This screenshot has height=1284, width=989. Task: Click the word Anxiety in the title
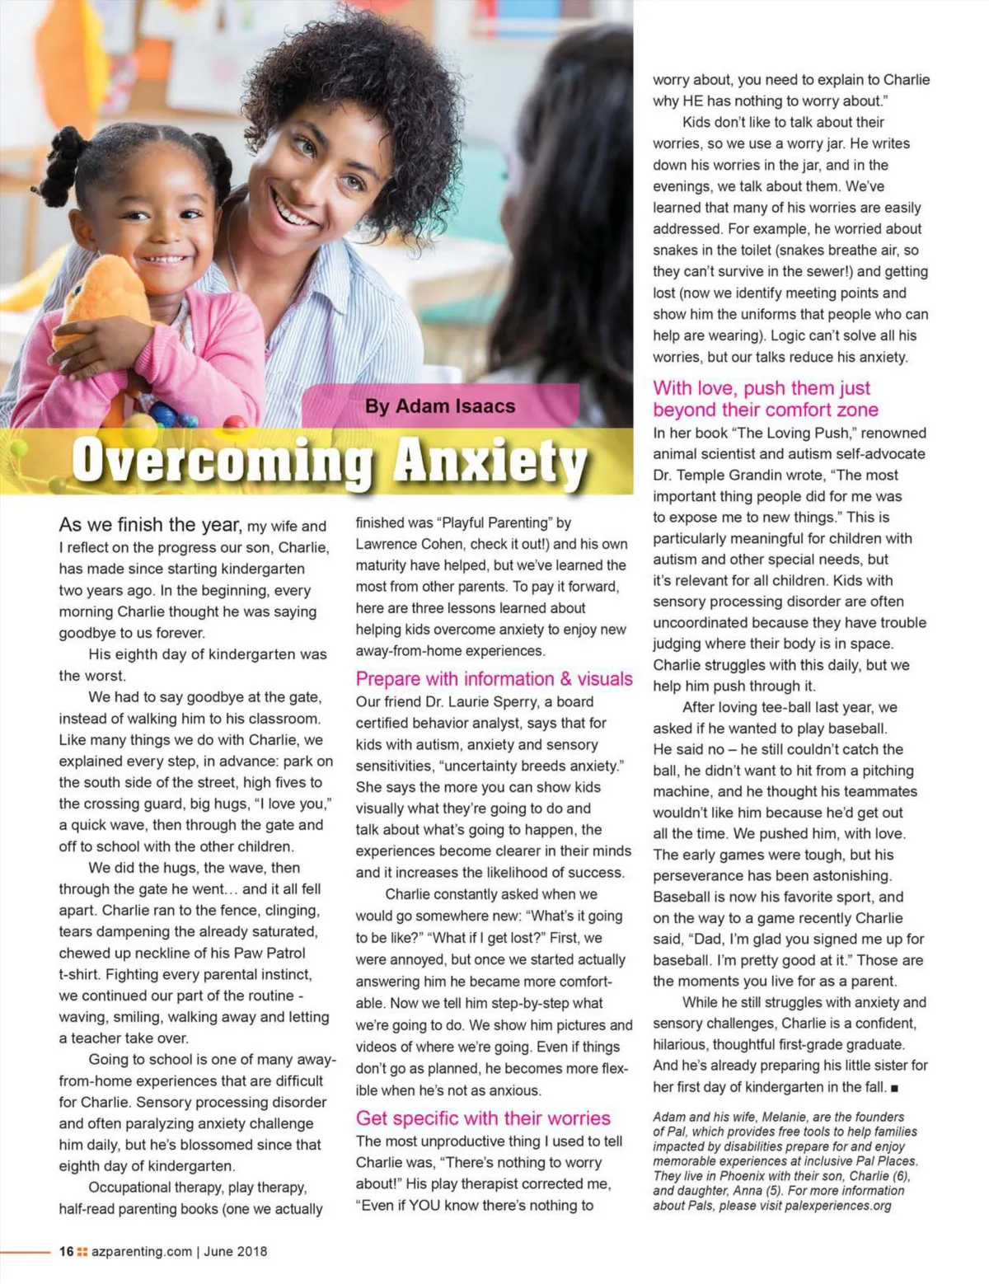(490, 462)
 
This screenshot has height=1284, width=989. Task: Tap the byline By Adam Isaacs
(440, 406)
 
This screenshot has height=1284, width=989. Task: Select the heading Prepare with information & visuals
(494, 679)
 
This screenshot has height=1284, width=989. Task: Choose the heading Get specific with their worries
(483, 1118)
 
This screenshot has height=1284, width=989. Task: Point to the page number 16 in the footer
(67, 1251)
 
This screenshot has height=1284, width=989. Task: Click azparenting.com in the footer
(142, 1251)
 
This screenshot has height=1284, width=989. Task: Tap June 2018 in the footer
(236, 1251)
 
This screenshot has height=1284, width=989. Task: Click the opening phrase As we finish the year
(150, 525)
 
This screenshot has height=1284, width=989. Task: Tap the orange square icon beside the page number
(82, 1251)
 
